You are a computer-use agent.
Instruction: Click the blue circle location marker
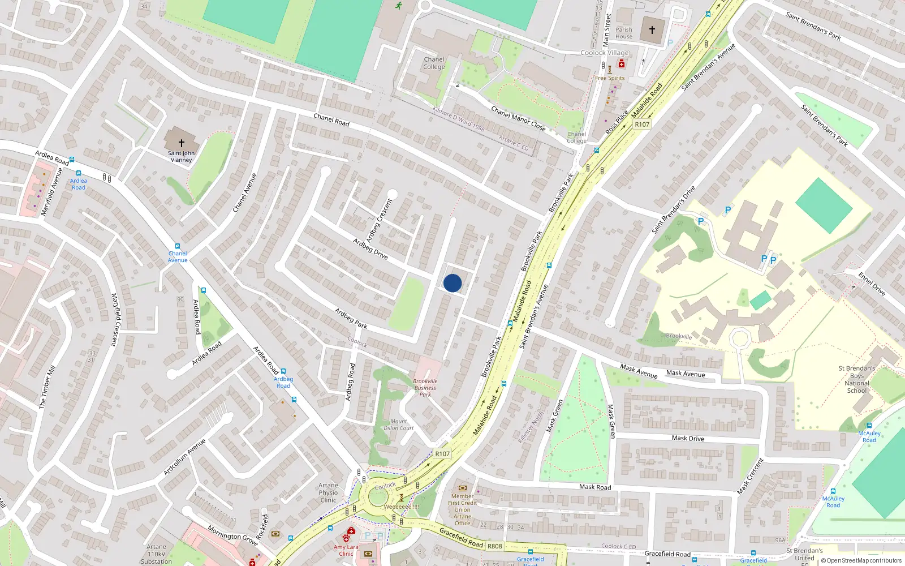pos(453,283)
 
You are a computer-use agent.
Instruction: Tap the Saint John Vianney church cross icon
pos(182,143)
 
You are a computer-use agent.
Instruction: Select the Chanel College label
pos(434,63)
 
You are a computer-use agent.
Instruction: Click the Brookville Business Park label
pos(425,388)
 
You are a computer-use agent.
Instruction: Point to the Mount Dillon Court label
pos(399,424)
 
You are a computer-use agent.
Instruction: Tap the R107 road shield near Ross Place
pos(642,125)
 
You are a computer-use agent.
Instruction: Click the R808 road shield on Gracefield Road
pos(495,546)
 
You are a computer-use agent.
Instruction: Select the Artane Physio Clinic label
pos(328,492)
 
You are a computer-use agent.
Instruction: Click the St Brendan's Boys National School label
pos(856,379)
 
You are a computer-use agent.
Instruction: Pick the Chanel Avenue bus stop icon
pos(178,246)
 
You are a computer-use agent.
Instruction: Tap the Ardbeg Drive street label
pos(370,249)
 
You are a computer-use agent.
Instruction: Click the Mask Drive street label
pos(688,438)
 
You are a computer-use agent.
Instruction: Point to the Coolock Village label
pos(605,53)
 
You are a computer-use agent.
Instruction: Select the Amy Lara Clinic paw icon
pos(346,538)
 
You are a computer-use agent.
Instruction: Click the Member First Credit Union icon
pos(463,488)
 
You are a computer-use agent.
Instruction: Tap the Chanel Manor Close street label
pos(518,119)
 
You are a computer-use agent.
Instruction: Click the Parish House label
pos(624,33)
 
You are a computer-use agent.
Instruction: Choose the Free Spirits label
pos(610,78)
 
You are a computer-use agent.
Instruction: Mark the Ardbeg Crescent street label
pos(379,221)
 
